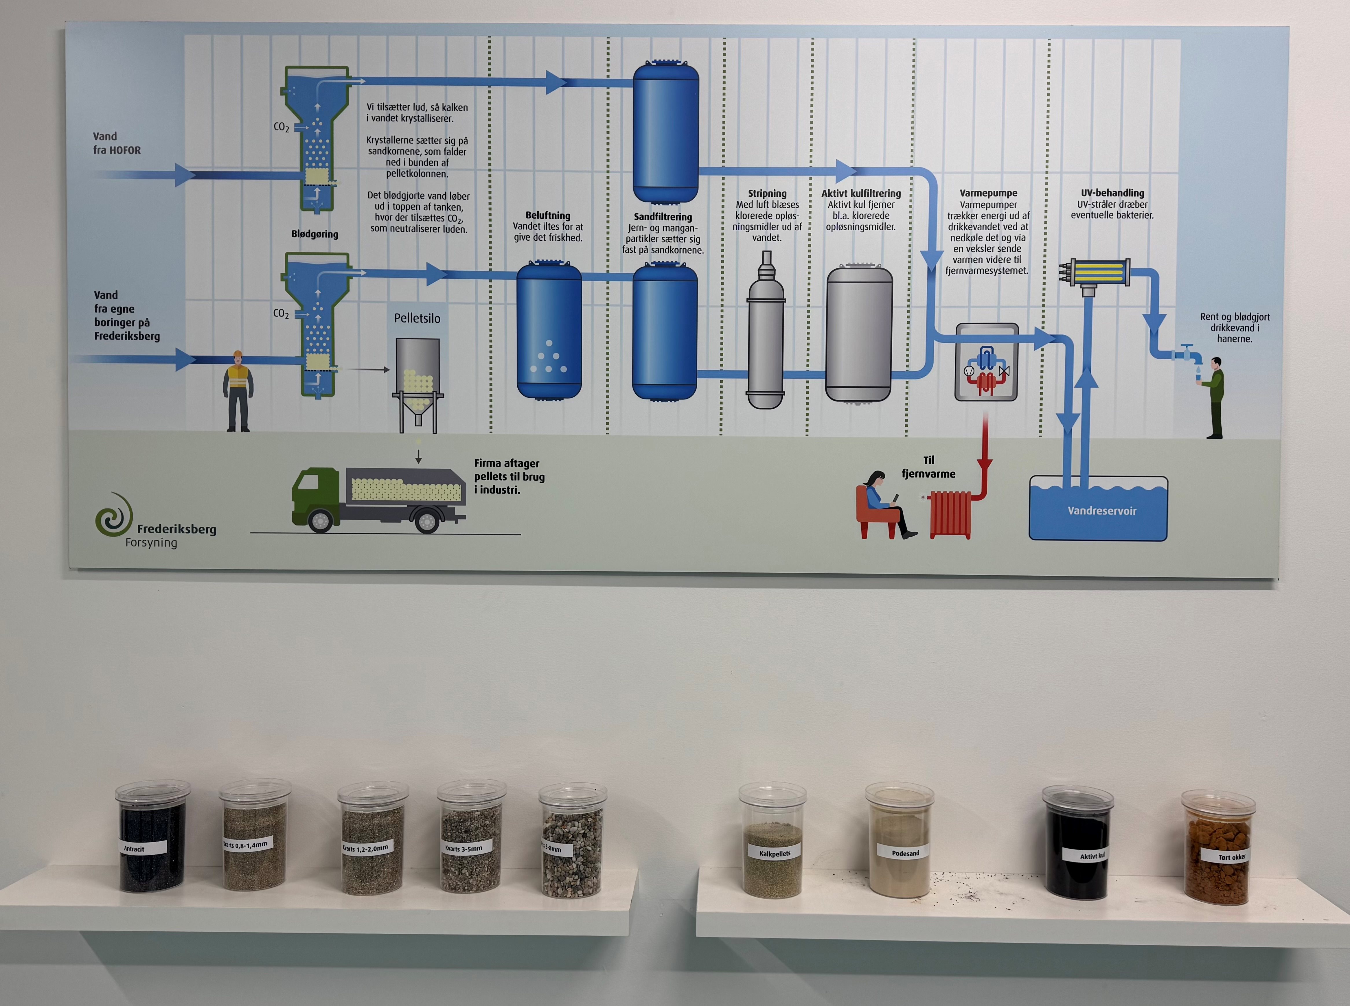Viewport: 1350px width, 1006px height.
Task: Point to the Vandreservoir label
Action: pyautogui.click(x=1101, y=511)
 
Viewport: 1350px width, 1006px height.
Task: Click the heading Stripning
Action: pyautogui.click(x=767, y=194)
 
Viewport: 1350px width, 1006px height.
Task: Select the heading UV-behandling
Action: pyautogui.click(x=1112, y=193)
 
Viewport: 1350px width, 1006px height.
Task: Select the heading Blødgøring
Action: pyautogui.click(x=314, y=234)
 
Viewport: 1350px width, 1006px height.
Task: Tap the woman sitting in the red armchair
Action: pyautogui.click(x=880, y=502)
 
